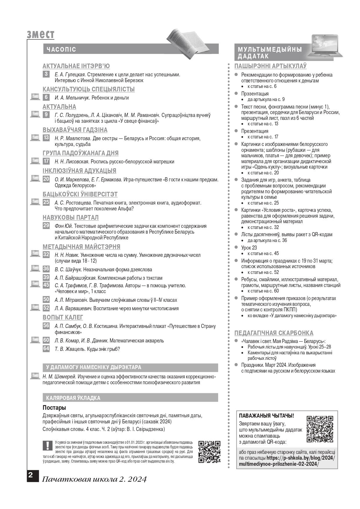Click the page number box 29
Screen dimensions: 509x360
click(x=46, y=225)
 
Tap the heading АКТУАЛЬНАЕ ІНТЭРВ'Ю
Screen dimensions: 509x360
click(x=76, y=66)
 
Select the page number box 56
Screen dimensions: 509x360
click(x=46, y=326)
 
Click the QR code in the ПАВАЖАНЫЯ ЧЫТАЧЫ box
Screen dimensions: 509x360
click(x=320, y=429)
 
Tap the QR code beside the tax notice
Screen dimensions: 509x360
click(x=209, y=452)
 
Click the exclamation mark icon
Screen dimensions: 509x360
click(x=47, y=445)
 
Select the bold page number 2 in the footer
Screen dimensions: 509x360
click(x=30, y=475)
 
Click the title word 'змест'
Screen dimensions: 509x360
click(x=40, y=35)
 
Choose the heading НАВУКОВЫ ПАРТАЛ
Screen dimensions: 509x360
click(x=70, y=218)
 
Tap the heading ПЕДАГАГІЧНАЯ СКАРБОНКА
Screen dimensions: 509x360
click(x=274, y=333)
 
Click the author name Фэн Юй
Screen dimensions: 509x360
click(x=63, y=226)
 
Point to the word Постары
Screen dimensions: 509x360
click(x=54, y=408)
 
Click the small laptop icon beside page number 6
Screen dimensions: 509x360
click(x=35, y=97)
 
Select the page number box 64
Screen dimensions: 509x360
click(x=46, y=349)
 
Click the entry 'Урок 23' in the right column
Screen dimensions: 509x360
click(x=249, y=248)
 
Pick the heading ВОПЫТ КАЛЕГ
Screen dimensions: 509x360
click(x=63, y=317)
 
